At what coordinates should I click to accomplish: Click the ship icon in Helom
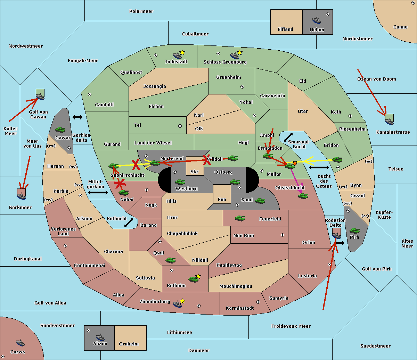pos(317,20)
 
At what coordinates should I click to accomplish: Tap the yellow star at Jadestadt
pos(182,53)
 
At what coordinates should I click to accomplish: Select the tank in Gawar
pos(60,129)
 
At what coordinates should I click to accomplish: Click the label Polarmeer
pos(141,11)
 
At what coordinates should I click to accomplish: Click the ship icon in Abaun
pos(100,337)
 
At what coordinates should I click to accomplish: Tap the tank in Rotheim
pos(193,279)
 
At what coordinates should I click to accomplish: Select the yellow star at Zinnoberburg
pos(182,301)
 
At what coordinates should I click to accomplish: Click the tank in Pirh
pos(354,231)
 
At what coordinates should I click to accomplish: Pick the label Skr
pos(195,171)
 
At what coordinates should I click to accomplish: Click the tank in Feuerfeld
pos(240,218)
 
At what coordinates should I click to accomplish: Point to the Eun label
pos(222,199)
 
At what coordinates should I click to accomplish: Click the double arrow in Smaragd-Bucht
pos(288,137)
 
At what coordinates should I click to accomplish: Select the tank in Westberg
pos(180,182)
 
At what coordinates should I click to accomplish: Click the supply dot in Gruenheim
pos(242,87)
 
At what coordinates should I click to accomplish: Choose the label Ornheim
pos(129,344)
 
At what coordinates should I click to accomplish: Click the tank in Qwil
pos(170,260)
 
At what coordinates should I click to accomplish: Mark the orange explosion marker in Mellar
pos(295,163)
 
